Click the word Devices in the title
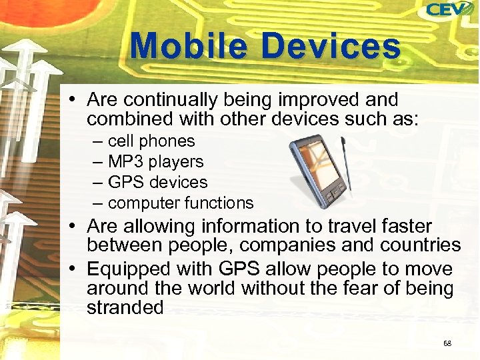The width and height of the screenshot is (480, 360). pyautogui.click(x=331, y=47)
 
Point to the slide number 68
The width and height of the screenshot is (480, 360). pyautogui.click(x=447, y=343)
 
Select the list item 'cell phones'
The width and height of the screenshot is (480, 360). pyautogui.click(x=151, y=141)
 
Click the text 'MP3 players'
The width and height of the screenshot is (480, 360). pyautogui.click(x=155, y=162)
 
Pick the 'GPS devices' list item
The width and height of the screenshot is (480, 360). pyautogui.click(x=157, y=182)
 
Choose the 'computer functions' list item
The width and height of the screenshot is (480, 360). pyautogui.click(x=181, y=203)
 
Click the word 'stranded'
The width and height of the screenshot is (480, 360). pyautogui.click(x=125, y=307)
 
